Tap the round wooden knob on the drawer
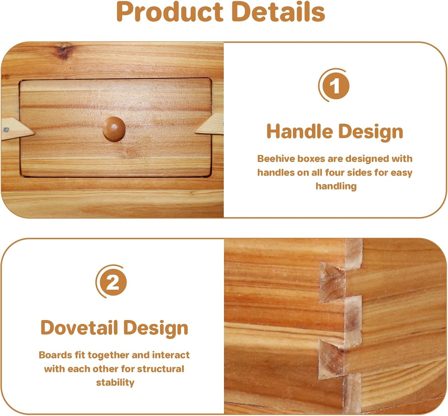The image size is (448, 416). [114, 129]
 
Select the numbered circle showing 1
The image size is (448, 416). [335, 86]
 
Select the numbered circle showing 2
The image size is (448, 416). [113, 282]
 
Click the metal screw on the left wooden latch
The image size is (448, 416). [6, 129]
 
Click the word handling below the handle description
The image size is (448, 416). [336, 186]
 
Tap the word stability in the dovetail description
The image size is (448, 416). [115, 383]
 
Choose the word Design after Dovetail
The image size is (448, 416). [156, 328]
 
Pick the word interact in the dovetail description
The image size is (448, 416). [171, 355]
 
